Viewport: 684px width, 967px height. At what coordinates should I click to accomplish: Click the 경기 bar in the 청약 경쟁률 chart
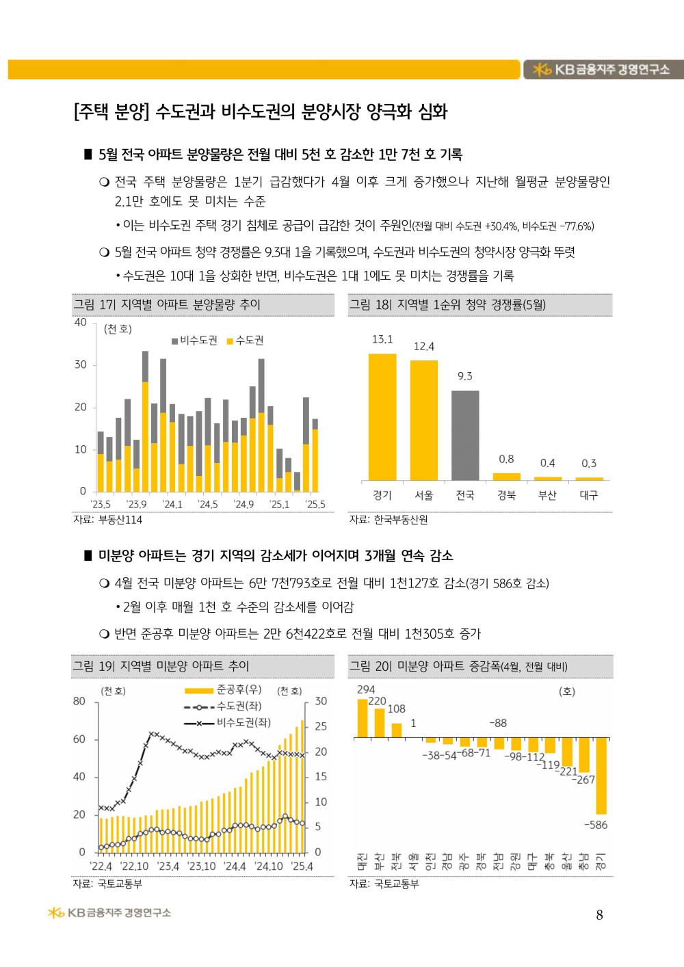pos(382,416)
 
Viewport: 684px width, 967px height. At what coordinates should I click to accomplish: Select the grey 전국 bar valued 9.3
pos(465,435)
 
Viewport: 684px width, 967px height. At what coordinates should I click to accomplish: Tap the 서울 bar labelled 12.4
pos(424,420)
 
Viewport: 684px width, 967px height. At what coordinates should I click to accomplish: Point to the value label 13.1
pos(382,339)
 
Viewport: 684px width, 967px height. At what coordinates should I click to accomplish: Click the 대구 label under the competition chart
pos(589,495)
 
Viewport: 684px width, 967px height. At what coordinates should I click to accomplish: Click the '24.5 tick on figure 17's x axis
pos(208,505)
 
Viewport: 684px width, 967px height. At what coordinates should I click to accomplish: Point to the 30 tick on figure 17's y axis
pos(81,365)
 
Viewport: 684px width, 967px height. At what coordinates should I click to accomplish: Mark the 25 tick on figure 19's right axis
pos(321,726)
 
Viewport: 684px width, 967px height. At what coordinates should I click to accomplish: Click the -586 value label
pos(596,825)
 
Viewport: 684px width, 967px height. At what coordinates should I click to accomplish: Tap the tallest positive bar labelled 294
pos(363,717)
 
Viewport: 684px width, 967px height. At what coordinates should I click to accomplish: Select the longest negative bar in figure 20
pos(601,776)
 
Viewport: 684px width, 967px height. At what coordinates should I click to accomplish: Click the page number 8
pos(600,916)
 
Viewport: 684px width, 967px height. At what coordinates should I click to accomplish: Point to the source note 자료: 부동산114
pos(108,520)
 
